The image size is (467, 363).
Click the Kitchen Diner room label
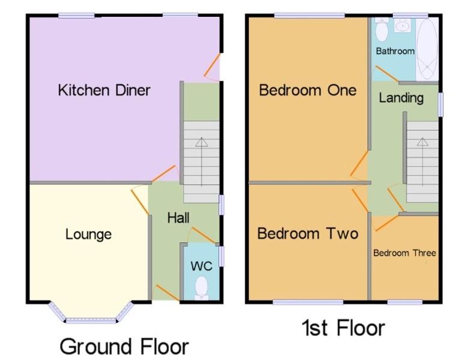tap(104, 91)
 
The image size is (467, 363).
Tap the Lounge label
tap(88, 234)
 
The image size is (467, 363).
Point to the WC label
tap(201, 266)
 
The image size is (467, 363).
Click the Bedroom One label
tap(307, 90)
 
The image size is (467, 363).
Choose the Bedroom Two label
tap(307, 233)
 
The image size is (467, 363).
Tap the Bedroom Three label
tap(404, 253)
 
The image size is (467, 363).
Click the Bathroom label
tap(395, 51)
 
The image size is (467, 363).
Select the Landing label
tap(401, 98)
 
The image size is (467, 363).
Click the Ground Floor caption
tap(124, 347)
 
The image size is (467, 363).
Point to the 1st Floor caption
tap(343, 328)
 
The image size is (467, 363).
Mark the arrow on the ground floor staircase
tap(201, 142)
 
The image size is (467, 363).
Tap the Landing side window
tap(440, 104)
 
